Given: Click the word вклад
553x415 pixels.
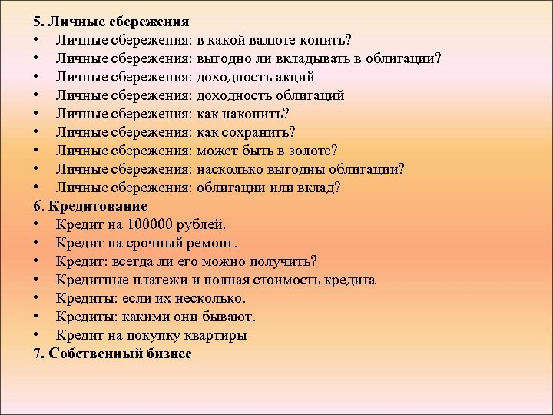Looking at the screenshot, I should (320, 188).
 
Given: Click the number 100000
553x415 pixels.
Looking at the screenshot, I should (146, 224).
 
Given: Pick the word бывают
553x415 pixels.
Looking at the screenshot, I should (230, 317).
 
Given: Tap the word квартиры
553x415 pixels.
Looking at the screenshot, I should (218, 335).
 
